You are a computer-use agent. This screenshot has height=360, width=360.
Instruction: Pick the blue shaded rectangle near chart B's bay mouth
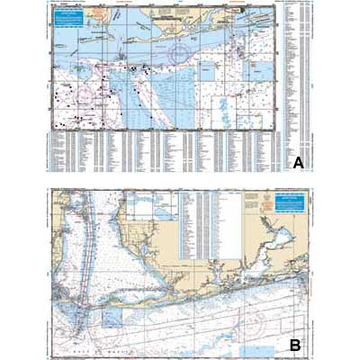[x=112, y=318]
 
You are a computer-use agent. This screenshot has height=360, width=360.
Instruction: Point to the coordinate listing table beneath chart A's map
[x=162, y=151]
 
